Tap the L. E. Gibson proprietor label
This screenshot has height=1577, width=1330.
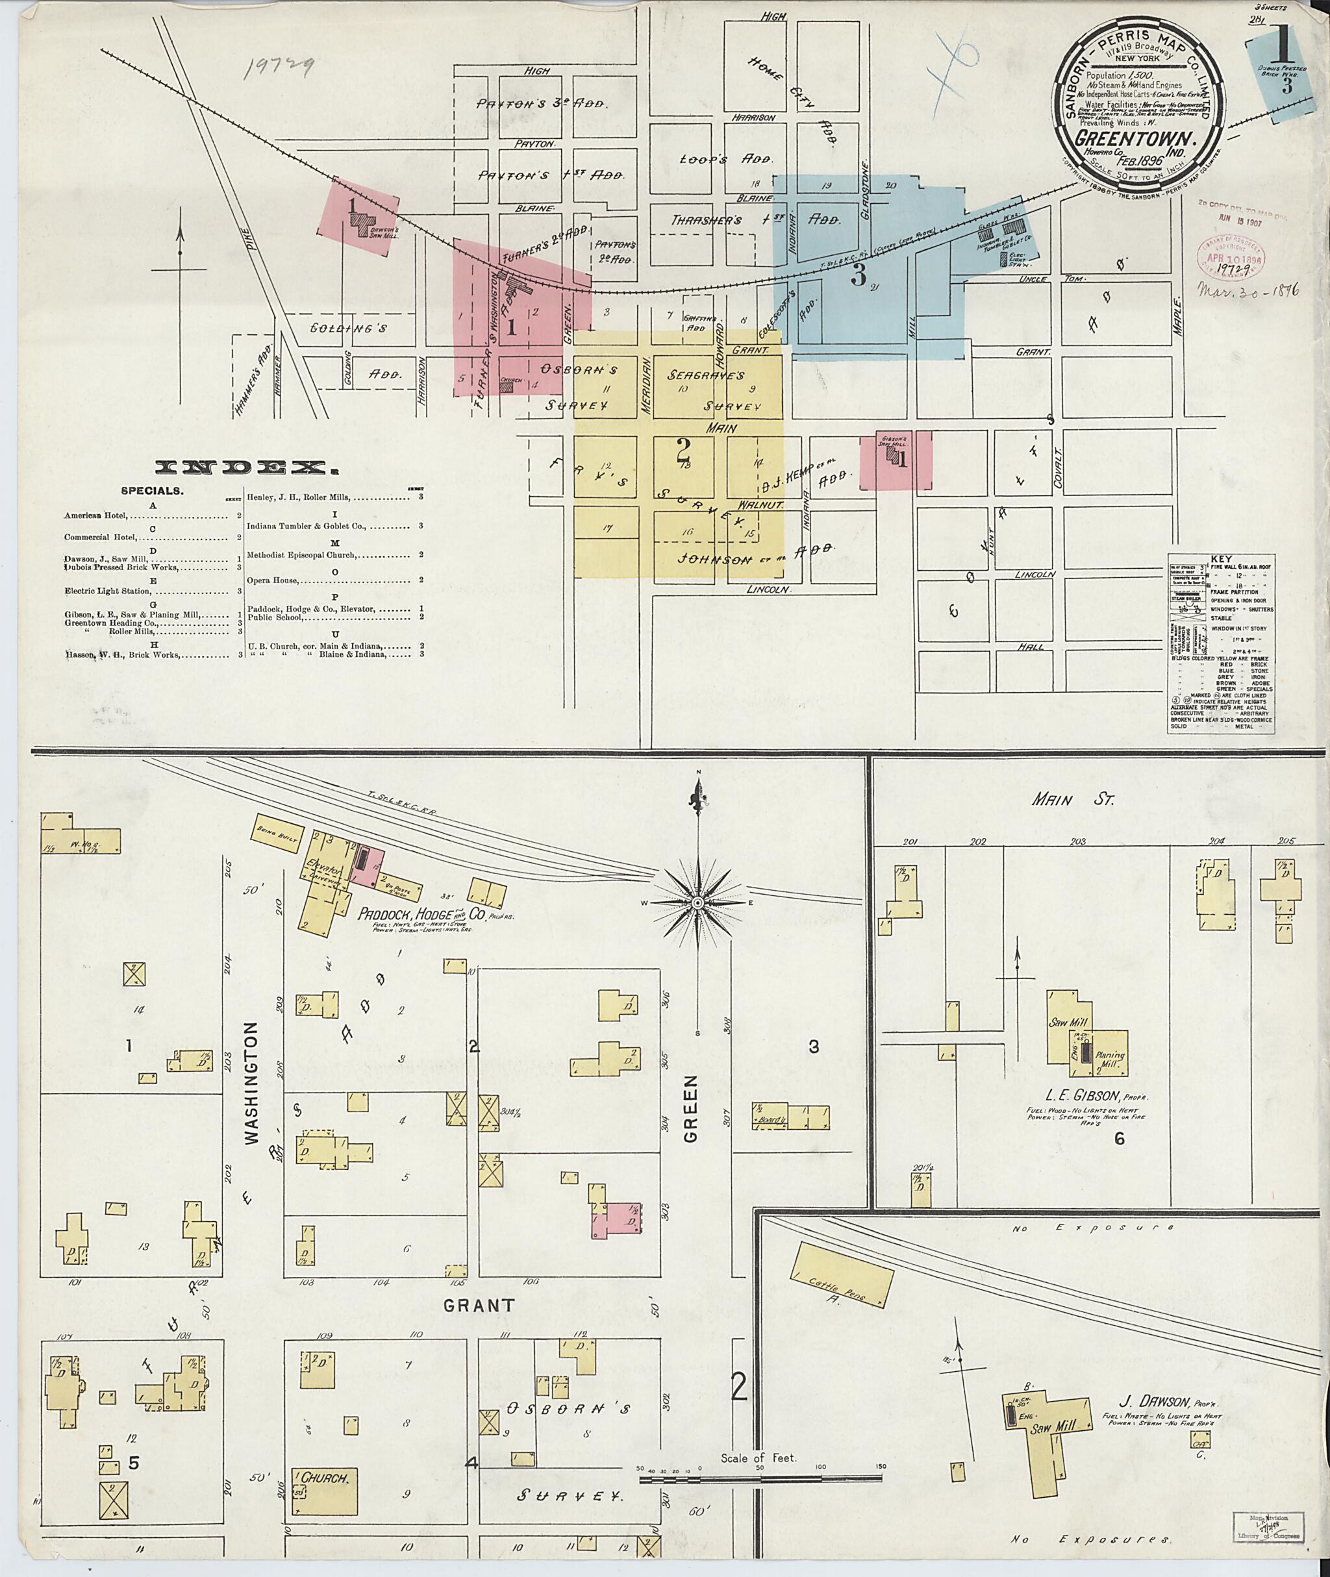click(1086, 1095)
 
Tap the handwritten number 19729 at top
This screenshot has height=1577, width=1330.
click(281, 69)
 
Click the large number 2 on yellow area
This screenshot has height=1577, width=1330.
click(683, 449)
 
